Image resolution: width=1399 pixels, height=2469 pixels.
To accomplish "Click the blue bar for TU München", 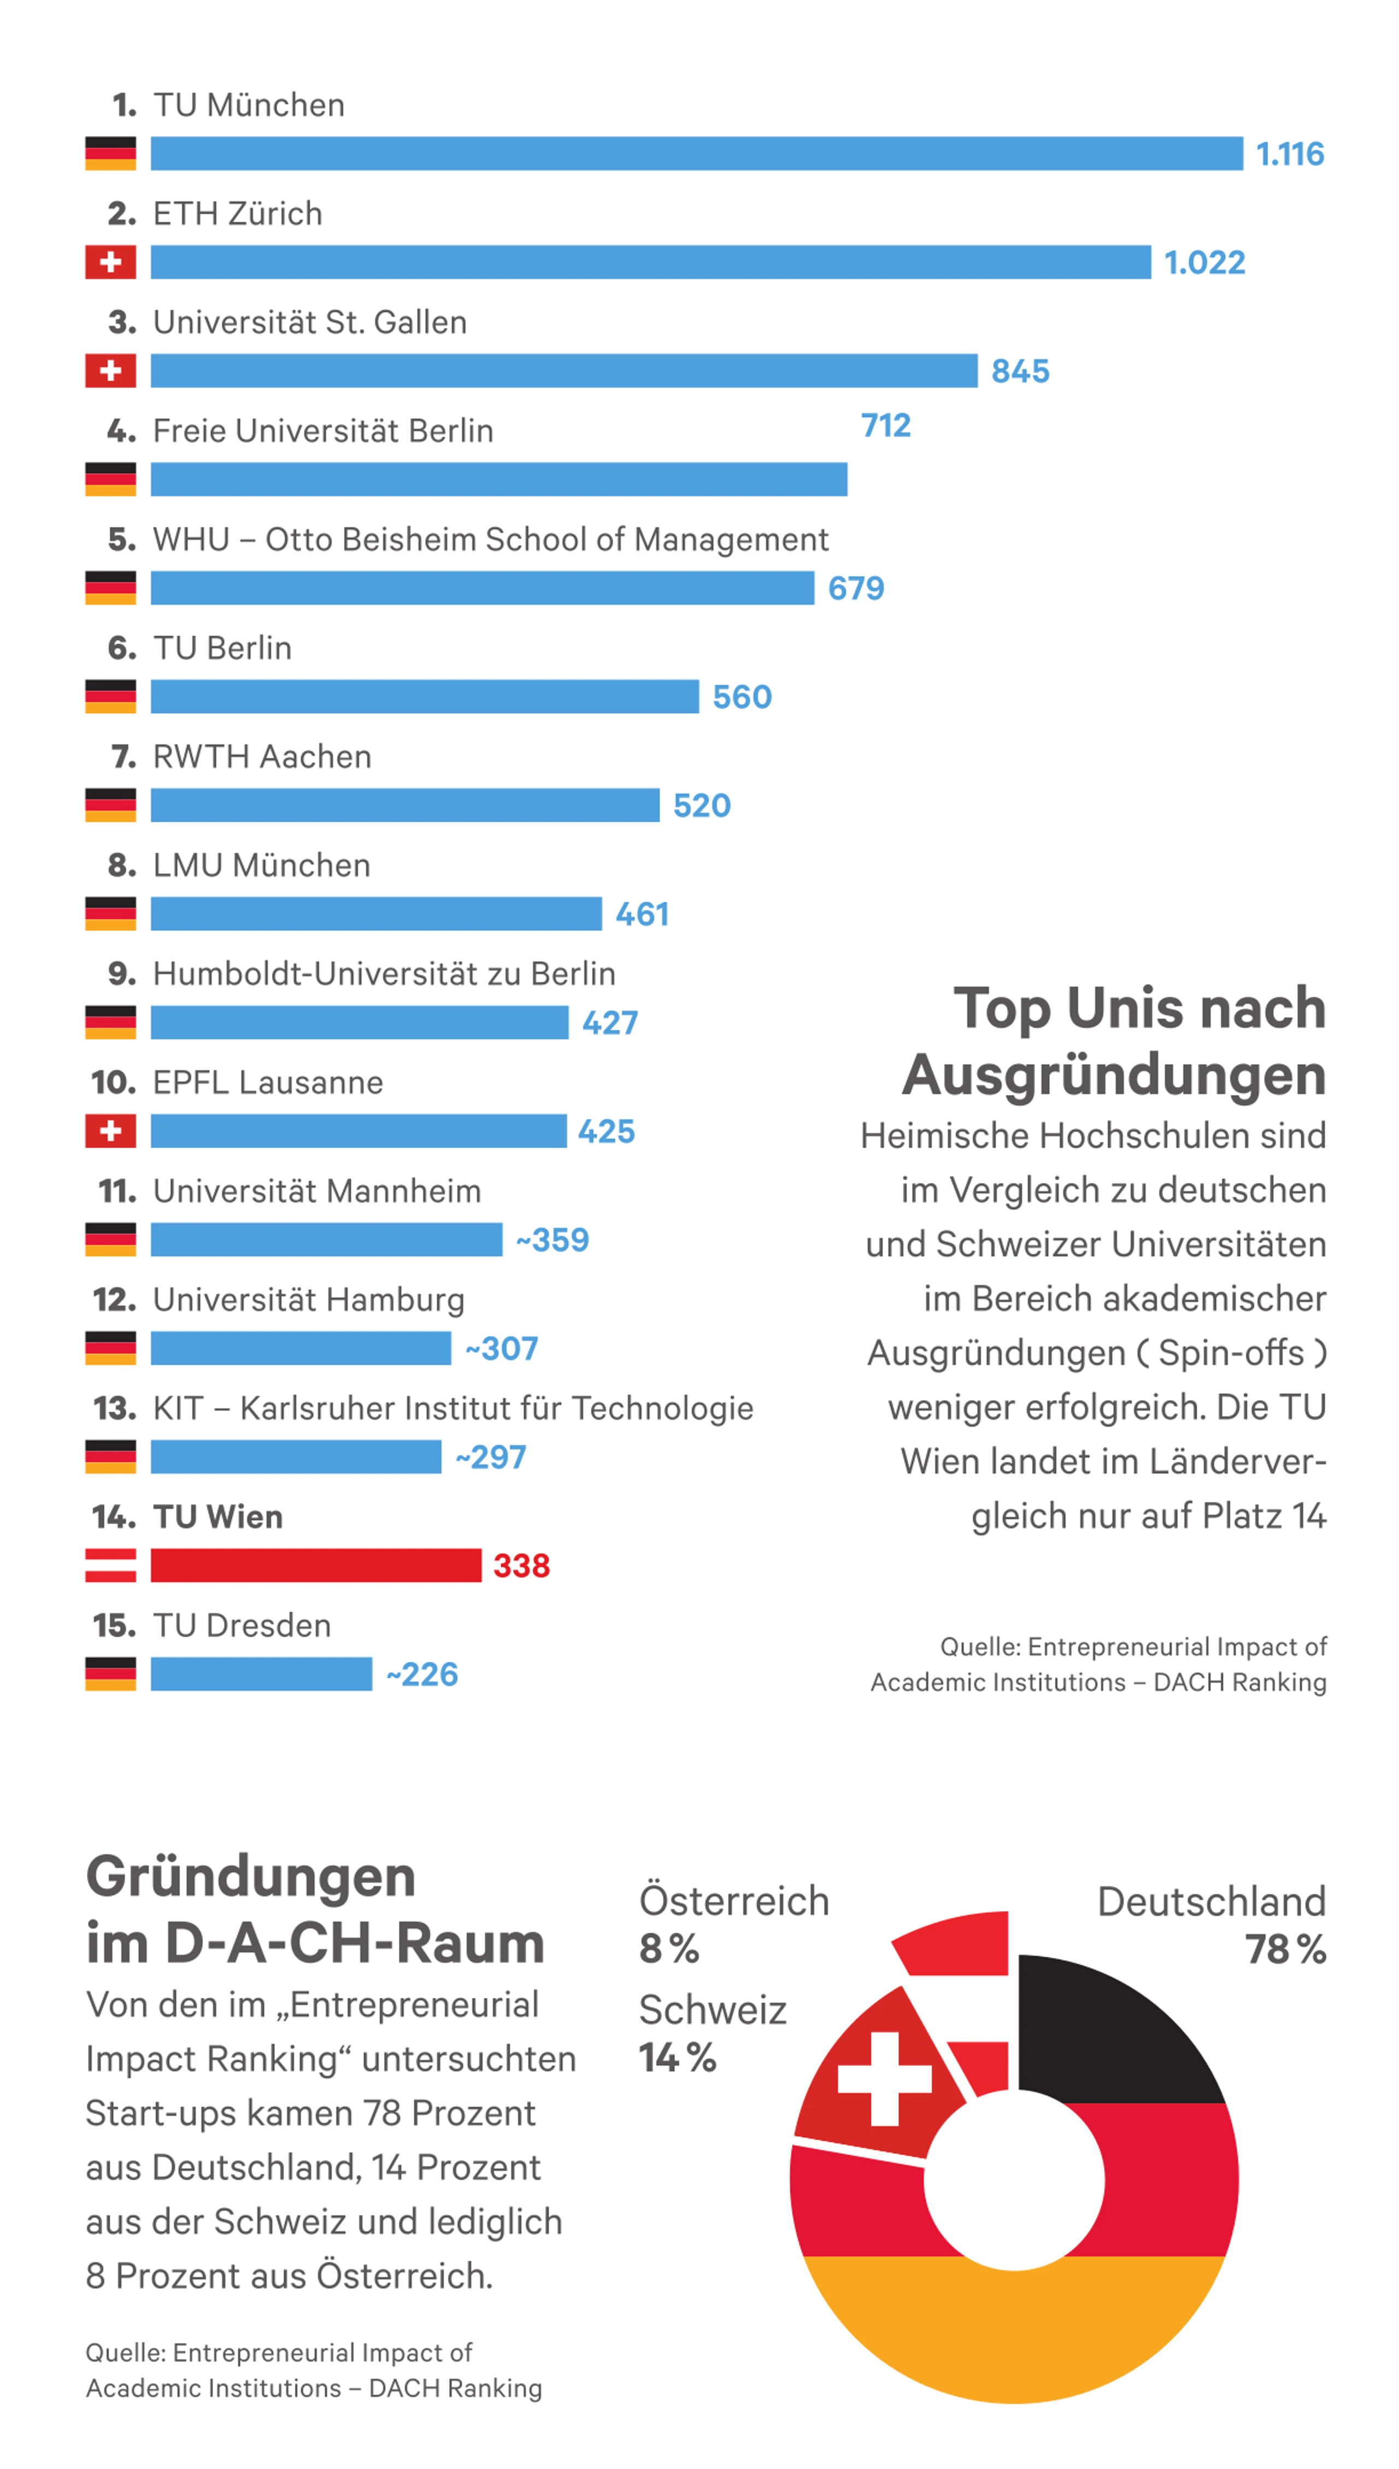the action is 697,154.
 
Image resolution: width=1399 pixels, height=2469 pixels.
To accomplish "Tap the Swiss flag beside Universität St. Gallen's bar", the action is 110,371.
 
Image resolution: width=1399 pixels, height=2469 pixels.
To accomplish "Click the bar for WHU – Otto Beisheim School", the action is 483,588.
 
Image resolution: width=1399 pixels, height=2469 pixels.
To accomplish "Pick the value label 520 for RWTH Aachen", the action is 702,805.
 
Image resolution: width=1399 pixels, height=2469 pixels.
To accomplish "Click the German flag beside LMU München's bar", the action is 110,914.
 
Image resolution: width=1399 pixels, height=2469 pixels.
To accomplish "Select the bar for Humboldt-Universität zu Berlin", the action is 360,1022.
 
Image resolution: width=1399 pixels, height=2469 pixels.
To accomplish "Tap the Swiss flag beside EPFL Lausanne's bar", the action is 110,1131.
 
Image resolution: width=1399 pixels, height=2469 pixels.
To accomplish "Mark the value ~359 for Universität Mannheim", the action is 552,1239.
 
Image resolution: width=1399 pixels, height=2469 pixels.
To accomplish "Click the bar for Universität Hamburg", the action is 301,1348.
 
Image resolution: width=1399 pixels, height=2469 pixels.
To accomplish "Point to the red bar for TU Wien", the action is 316,1565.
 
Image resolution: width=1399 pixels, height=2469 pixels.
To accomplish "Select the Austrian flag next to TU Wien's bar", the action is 110,1565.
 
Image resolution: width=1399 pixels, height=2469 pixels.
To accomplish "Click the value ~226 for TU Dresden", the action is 422,1673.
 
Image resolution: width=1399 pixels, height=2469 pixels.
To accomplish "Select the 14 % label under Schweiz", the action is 678,2057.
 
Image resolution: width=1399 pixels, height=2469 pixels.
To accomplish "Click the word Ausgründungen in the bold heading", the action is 1114,1075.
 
